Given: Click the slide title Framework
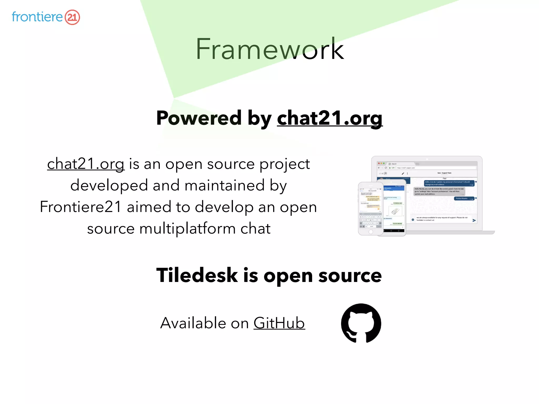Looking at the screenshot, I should point(269,49).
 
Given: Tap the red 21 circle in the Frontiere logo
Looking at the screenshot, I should point(72,17).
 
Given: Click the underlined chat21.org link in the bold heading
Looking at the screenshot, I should point(330,118).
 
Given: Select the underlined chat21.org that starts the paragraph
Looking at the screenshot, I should point(86,164).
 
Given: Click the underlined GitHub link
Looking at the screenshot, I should point(279,323).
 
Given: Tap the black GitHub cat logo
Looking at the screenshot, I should point(361,323).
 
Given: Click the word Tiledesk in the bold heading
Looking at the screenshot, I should point(197,275).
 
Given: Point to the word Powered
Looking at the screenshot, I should point(199,118).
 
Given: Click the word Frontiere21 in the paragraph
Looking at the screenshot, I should point(81,207).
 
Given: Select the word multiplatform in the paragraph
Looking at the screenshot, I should point(187,228).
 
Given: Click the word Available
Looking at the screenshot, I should point(193,323).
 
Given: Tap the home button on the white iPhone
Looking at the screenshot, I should point(371,232).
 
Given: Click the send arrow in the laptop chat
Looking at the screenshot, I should point(474,220).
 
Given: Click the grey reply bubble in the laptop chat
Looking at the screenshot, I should point(439,191).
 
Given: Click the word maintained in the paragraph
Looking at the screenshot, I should point(224,185).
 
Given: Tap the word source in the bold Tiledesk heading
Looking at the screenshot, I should point(350,275).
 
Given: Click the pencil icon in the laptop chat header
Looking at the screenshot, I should point(403,173).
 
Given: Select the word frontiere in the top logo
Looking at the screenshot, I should point(37,17).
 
